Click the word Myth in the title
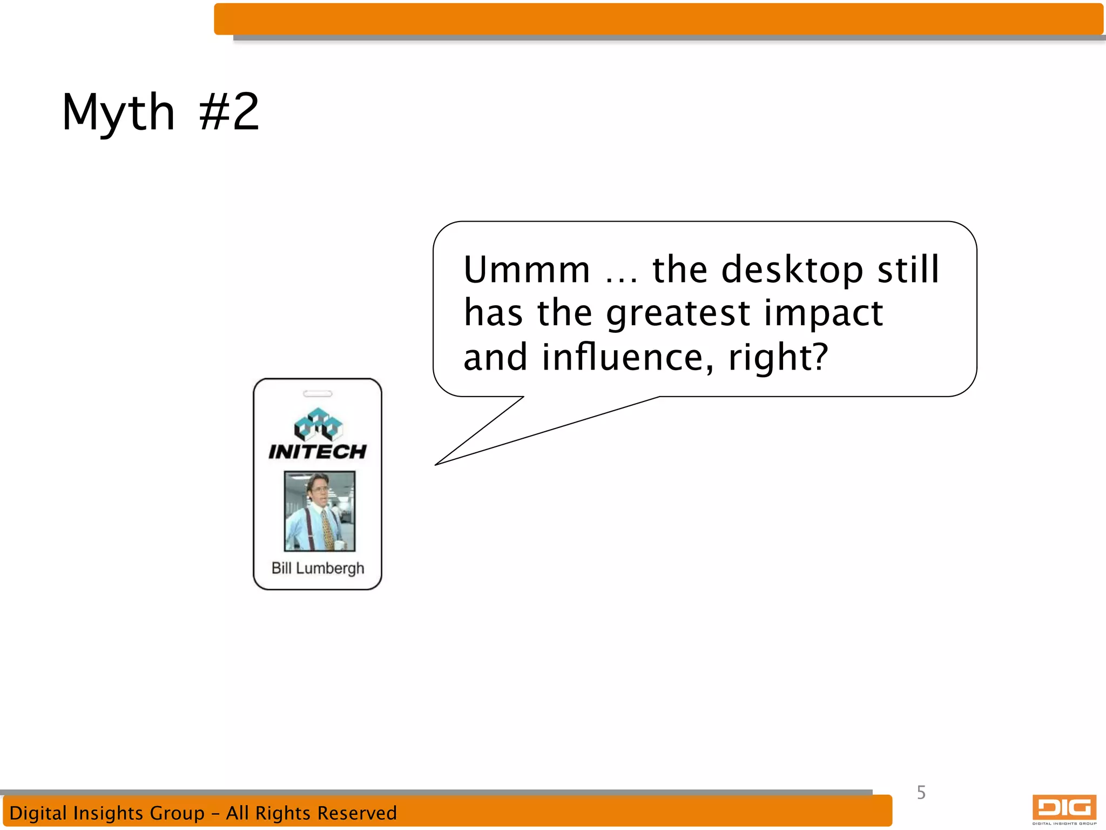pos(118,112)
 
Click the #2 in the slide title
pos(229,112)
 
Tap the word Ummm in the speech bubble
pos(527,270)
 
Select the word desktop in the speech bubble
pos(792,270)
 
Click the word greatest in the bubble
pos(678,314)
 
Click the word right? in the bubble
pos(778,357)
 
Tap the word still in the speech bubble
pos(908,270)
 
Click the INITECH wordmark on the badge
pos(318,452)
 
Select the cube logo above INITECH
pos(318,424)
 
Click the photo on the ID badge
pos(320,511)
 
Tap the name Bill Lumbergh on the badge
pos(318,568)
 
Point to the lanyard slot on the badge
pos(318,394)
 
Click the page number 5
pos(921,793)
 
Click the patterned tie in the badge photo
pos(327,530)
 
